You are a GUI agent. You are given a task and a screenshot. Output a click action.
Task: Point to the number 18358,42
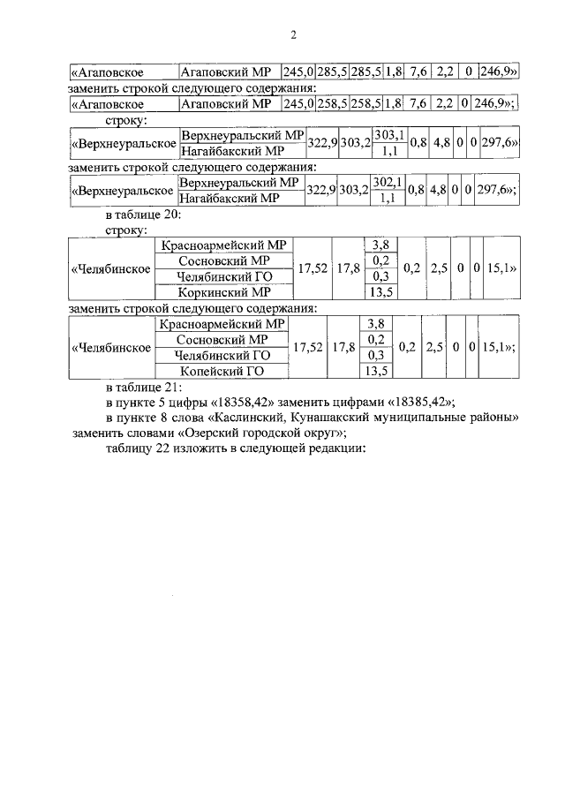click(x=245, y=402)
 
